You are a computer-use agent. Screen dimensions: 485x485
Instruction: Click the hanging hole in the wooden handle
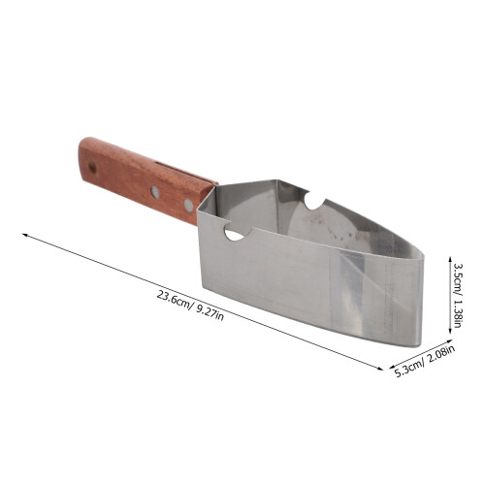(93, 168)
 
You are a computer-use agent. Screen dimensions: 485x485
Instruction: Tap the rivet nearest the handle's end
(155, 192)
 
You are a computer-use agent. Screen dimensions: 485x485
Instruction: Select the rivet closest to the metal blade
(188, 206)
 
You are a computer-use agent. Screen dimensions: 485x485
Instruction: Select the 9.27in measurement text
(210, 313)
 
